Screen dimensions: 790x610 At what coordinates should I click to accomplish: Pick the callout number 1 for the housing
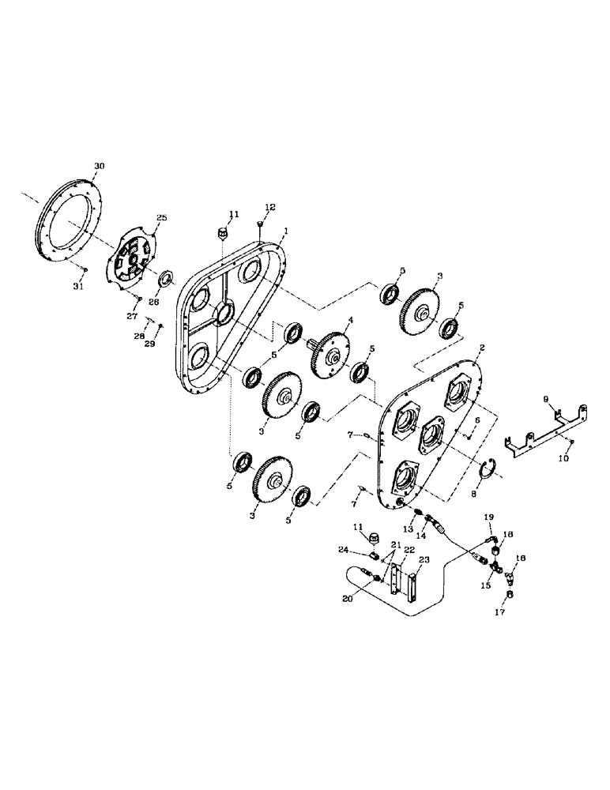(285, 232)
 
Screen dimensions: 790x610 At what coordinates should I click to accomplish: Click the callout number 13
(409, 529)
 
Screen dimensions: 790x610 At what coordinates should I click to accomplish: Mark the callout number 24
(344, 550)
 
